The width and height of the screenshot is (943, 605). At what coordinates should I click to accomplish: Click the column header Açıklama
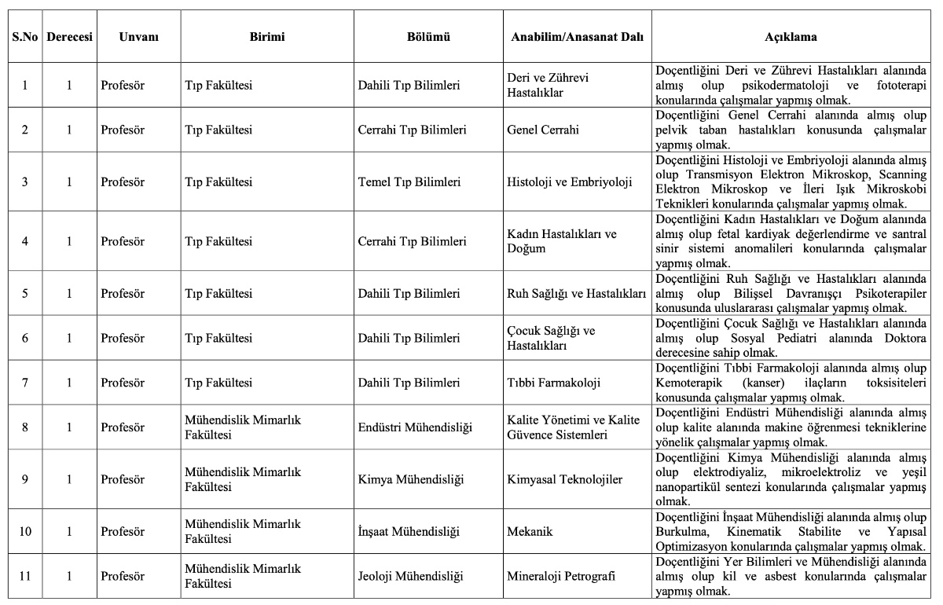tap(791, 37)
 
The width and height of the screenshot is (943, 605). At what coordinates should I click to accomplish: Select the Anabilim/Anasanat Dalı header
tap(577, 37)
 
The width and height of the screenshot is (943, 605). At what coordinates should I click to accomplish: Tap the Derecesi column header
tap(69, 37)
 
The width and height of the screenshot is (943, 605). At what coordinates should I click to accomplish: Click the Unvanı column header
tap(138, 37)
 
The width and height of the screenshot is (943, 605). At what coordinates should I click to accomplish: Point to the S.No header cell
tap(25, 37)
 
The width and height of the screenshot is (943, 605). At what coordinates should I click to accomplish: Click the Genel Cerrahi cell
tap(543, 130)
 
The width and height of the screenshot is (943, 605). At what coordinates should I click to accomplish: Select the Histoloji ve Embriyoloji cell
tap(570, 182)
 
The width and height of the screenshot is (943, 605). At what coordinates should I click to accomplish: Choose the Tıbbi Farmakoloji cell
tap(553, 383)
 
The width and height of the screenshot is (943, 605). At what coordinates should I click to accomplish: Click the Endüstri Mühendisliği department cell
tap(414, 427)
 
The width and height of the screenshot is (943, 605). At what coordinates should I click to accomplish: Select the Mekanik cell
tap(530, 531)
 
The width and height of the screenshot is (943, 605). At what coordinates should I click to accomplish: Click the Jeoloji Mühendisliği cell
tap(410, 576)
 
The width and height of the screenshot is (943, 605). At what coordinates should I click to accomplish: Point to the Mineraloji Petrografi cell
tap(561, 576)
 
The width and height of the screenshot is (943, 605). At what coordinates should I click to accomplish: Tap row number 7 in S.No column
tap(25, 383)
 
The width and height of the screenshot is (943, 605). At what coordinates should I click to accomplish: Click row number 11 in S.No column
tap(25, 576)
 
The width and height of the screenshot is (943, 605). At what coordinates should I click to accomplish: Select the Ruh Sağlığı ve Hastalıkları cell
tap(576, 294)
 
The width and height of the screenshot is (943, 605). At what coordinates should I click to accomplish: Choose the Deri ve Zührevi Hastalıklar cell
tap(548, 85)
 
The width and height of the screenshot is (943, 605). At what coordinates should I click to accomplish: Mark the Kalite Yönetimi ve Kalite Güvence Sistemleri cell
tap(574, 427)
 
